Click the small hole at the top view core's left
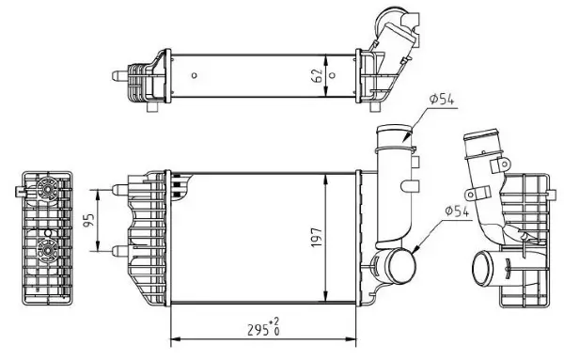pos(192,74)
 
